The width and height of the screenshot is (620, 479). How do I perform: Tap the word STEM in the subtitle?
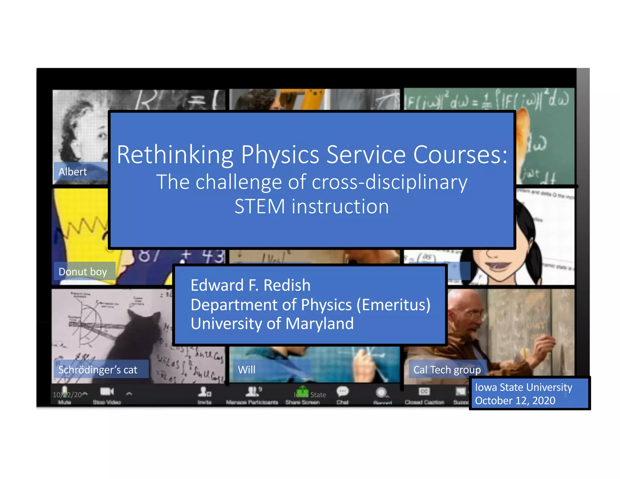tap(259, 207)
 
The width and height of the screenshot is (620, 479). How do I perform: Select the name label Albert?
tap(73, 172)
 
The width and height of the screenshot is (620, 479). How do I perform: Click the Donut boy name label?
tap(83, 272)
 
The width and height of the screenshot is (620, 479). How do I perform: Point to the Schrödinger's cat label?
tap(97, 370)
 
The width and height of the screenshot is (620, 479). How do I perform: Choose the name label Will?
tap(246, 370)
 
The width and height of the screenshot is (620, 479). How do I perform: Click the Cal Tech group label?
tap(447, 370)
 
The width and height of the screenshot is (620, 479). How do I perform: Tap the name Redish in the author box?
tap(287, 285)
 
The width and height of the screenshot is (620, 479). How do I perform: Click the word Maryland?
tap(319, 324)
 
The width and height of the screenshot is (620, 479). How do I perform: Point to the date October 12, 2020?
tap(515, 401)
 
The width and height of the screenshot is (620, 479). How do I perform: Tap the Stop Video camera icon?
tap(107, 392)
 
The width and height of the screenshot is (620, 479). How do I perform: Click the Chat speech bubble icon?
tap(343, 391)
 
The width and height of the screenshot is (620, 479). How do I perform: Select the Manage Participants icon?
tap(252, 392)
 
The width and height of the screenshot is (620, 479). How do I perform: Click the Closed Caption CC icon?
tap(424, 391)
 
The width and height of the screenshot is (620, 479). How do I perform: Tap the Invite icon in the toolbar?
tap(204, 392)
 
